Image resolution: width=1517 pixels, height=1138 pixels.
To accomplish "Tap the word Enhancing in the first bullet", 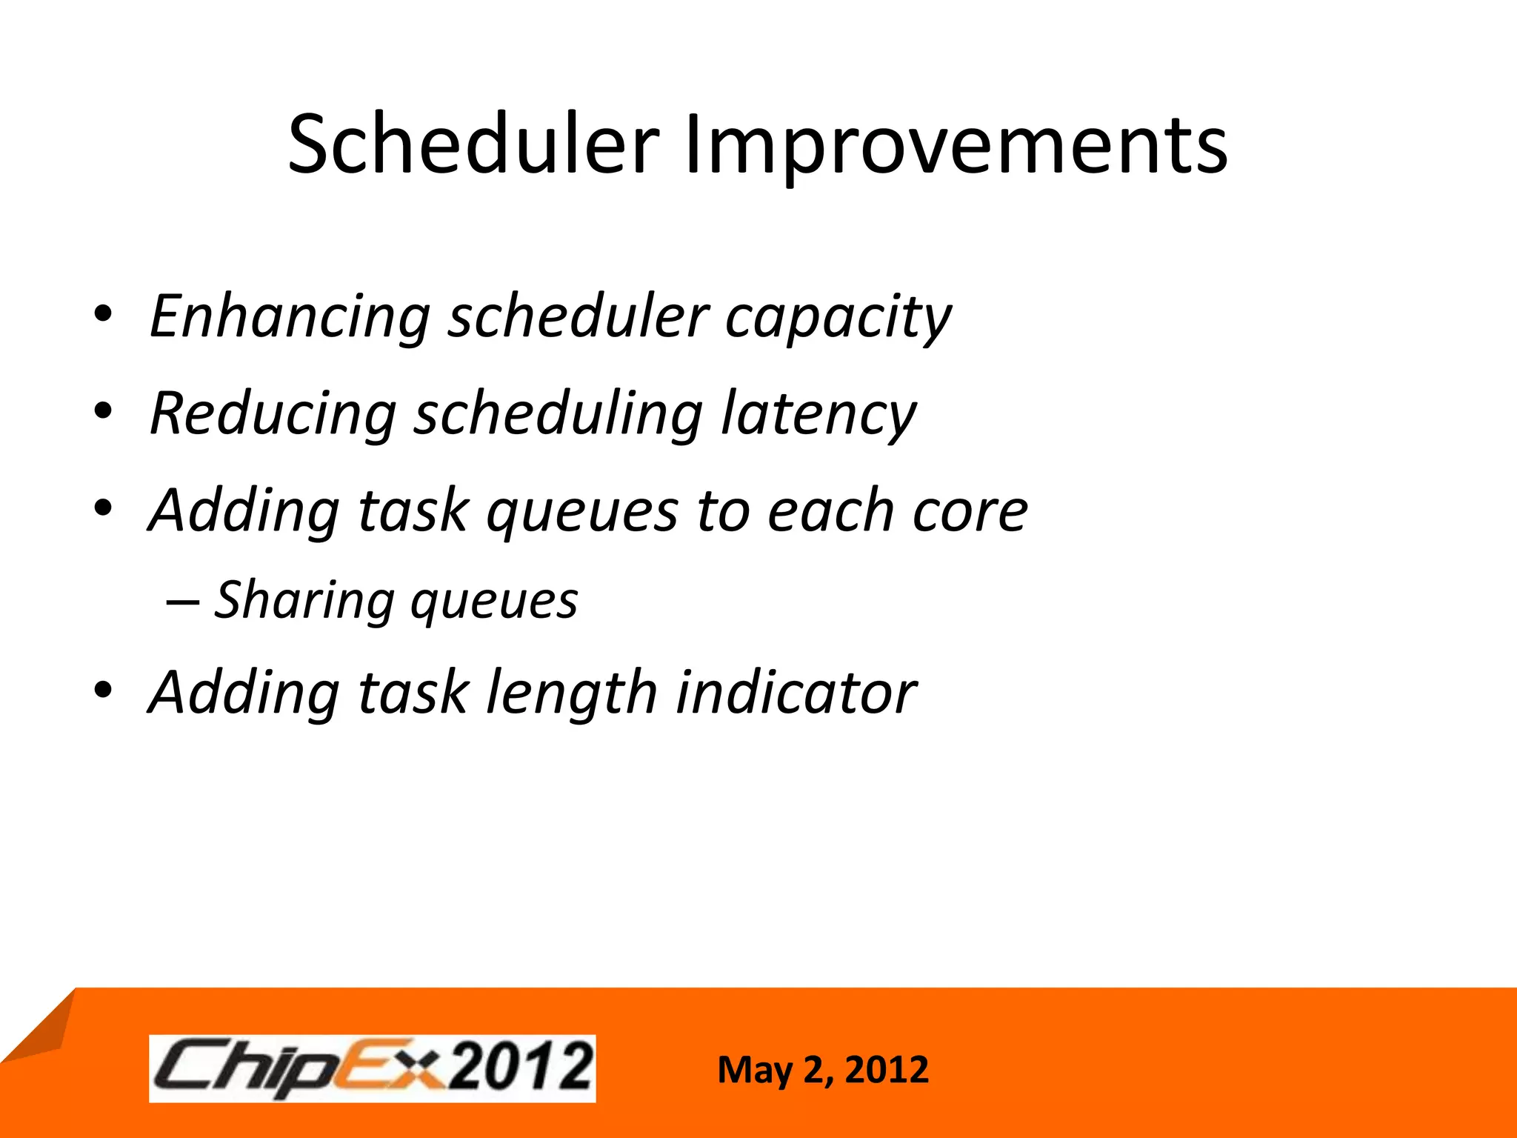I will click(x=290, y=317).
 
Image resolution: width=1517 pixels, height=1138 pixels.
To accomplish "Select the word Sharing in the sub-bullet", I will click(x=303, y=600).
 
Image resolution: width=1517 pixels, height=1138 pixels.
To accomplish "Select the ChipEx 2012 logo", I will click(x=372, y=1068).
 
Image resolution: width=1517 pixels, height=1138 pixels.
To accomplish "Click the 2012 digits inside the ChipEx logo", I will click(x=521, y=1068).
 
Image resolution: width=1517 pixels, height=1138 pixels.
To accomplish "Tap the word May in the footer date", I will click(x=755, y=1071).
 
